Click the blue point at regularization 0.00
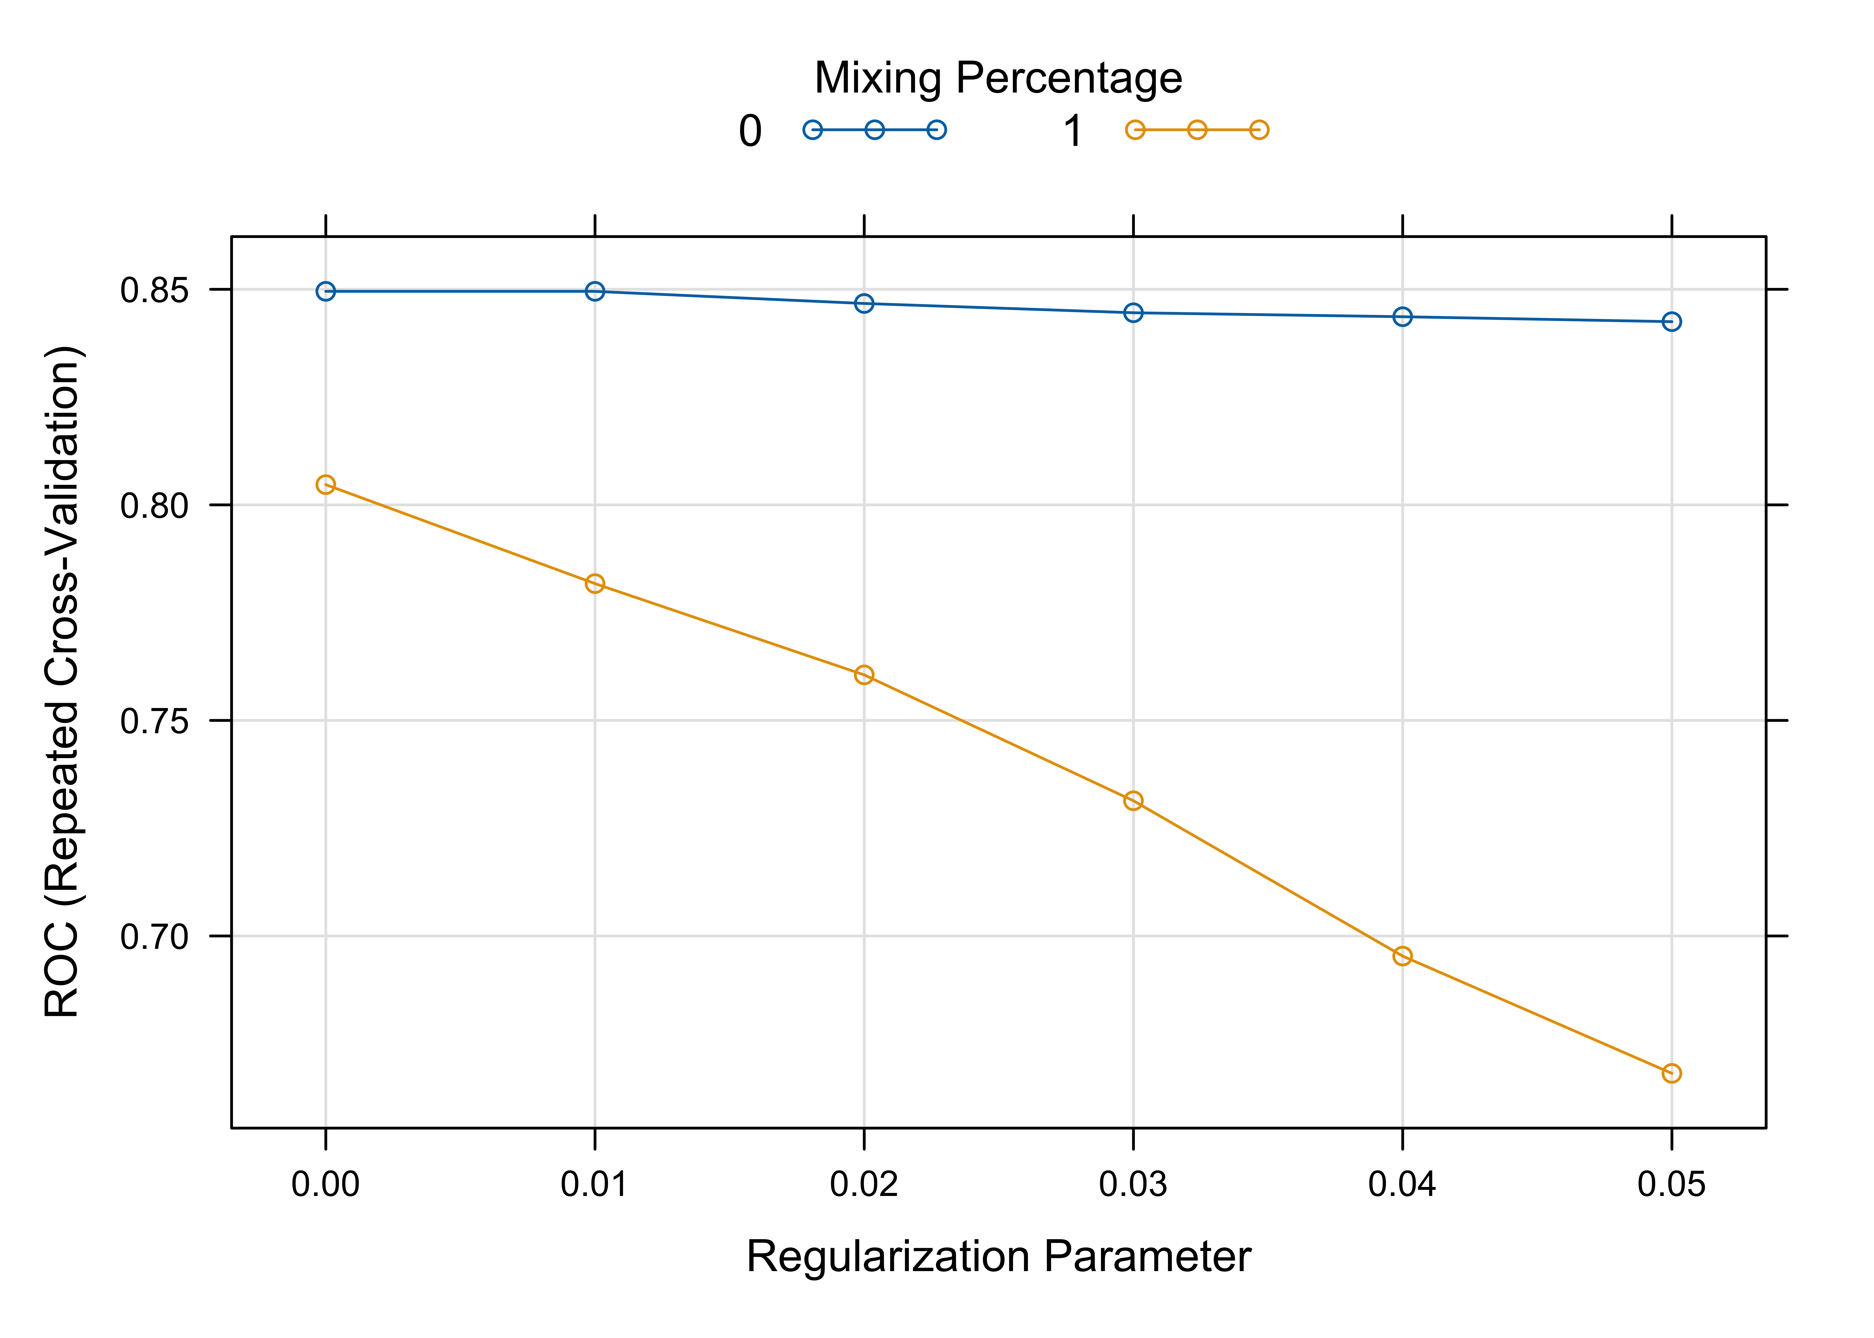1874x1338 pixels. click(x=325, y=291)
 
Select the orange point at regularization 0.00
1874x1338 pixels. click(x=325, y=484)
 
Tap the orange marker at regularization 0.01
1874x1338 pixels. click(x=595, y=583)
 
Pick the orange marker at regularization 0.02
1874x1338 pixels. click(x=864, y=675)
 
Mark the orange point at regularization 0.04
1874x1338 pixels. click(x=1403, y=956)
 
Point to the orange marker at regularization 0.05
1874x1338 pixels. click(x=1671, y=1073)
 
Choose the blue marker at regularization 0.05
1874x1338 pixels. click(x=1671, y=321)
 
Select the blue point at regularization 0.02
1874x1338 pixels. click(x=864, y=303)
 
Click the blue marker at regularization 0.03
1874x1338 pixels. click(x=1133, y=312)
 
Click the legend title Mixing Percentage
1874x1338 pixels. click(x=998, y=78)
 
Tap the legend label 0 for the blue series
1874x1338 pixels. click(x=750, y=131)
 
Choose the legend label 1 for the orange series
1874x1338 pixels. click(x=1072, y=131)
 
